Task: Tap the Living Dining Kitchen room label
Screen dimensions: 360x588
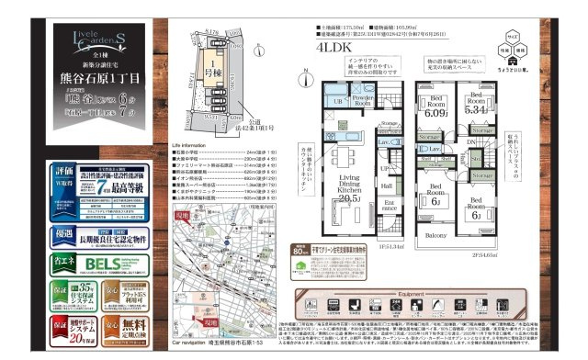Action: (x=348, y=187)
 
